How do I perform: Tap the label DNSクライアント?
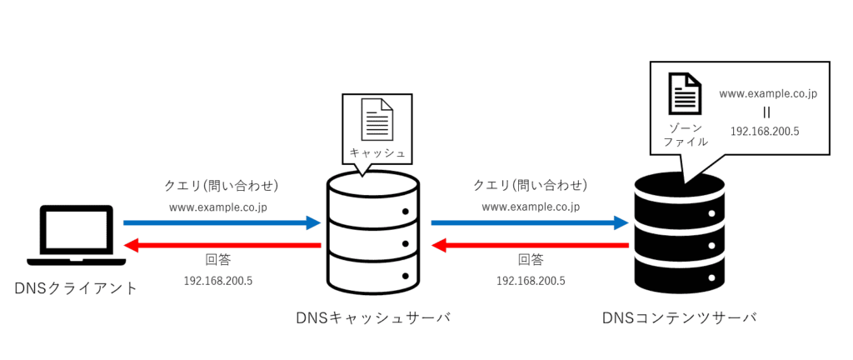77,288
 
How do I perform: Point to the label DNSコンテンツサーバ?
679,317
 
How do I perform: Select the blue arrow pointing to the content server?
529,223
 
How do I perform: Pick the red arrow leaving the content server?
529,245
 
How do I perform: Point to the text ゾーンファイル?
686,135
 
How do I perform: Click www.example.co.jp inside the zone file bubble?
768,93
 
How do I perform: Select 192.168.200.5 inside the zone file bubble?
765,131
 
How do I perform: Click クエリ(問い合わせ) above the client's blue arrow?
222,185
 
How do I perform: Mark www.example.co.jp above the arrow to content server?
531,206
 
